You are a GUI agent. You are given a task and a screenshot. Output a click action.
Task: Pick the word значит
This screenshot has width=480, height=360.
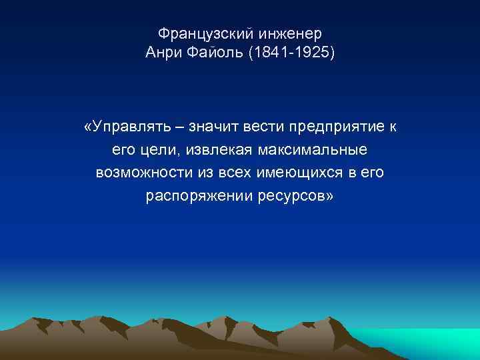pos(210,127)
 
